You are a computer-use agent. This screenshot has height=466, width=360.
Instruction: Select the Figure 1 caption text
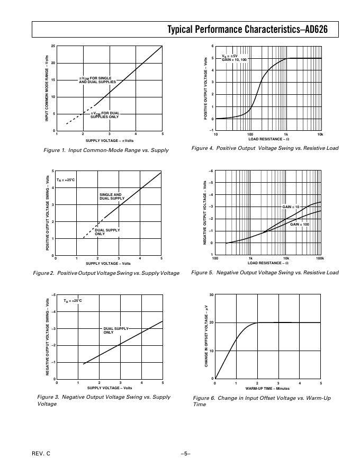point(106,150)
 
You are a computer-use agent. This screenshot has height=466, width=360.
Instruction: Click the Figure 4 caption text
point(265,148)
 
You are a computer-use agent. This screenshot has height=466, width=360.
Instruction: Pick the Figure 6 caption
point(262,401)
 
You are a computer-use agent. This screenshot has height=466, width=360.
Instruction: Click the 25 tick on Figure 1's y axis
point(53,47)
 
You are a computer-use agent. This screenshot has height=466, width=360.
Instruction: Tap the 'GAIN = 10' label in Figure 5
point(291,207)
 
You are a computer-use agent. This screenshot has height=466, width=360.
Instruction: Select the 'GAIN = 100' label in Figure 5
point(299,225)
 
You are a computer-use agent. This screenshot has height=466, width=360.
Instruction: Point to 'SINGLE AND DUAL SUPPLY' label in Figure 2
point(112,196)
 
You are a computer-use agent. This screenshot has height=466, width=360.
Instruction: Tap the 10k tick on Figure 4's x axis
point(319,135)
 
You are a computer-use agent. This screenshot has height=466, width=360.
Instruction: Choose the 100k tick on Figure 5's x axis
point(319,258)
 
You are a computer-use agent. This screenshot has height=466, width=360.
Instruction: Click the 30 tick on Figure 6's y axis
point(211,294)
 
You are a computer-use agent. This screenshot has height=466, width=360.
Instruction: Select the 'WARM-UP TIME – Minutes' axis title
point(267,389)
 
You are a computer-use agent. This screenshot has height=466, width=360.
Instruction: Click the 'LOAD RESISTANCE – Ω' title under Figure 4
point(268,139)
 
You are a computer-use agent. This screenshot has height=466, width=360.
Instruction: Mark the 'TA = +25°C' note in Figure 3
point(73,301)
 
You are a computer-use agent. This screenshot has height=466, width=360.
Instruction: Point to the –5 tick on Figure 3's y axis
point(52,294)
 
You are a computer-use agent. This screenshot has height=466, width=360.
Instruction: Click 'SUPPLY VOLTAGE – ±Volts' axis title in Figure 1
point(110,141)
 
